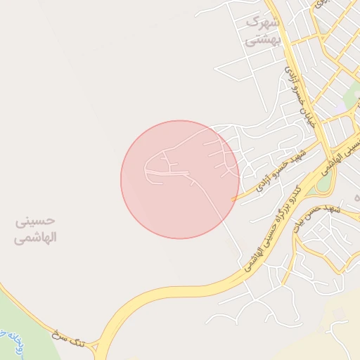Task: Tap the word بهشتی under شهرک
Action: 262,40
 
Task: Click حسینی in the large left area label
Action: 36,222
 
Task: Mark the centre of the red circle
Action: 180,179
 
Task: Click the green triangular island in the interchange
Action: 324,181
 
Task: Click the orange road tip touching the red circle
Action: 233,200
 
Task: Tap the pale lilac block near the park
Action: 342,103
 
